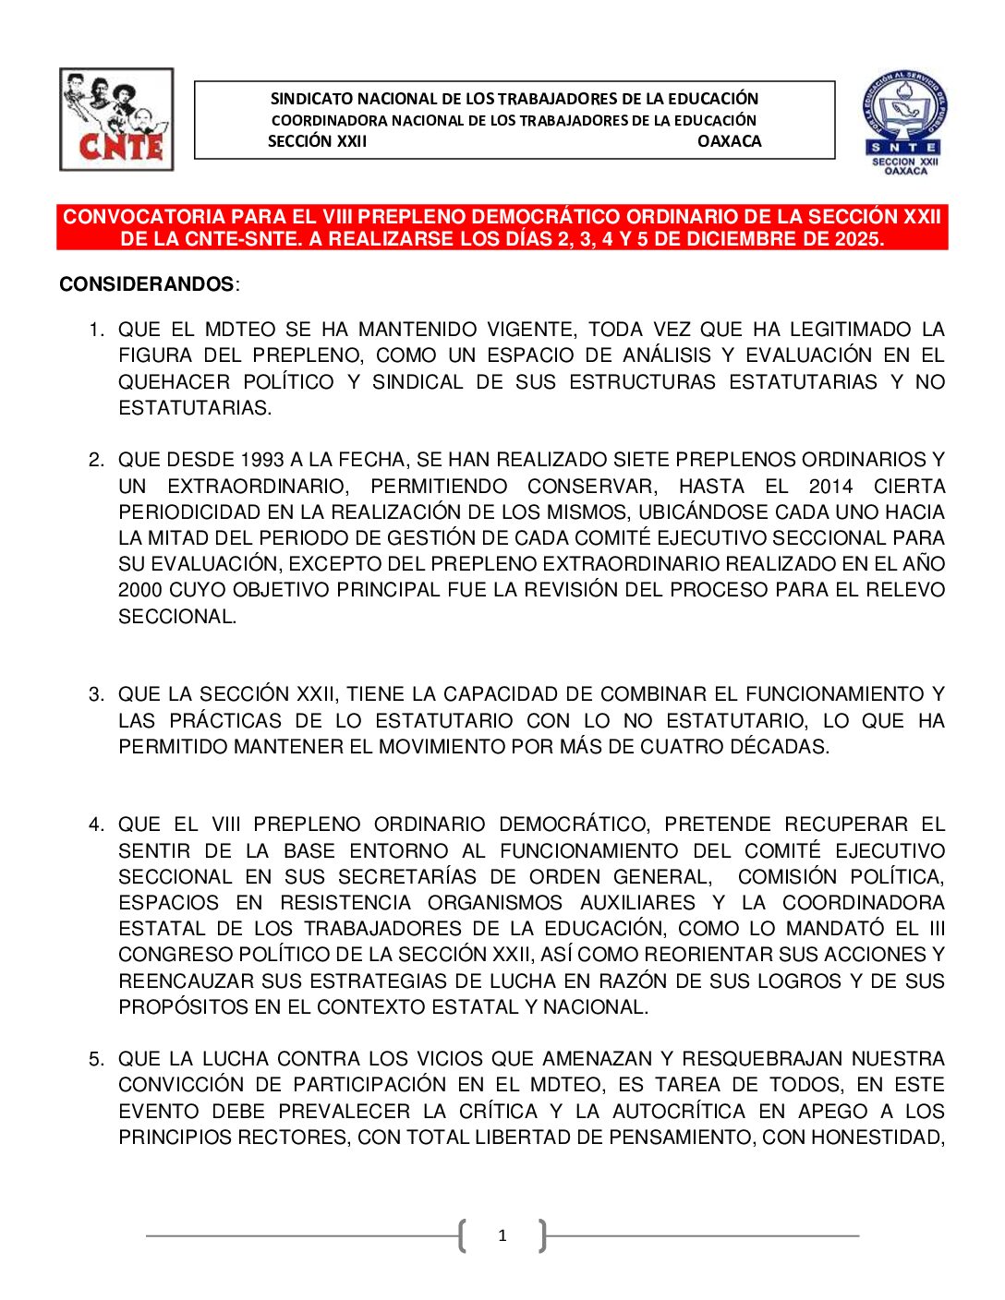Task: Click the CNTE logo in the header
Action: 116,119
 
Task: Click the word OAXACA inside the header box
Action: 729,141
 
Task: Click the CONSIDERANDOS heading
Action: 147,284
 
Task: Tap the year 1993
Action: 261,460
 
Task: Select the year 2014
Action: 830,487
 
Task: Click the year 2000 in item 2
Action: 139,590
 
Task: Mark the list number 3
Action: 96,694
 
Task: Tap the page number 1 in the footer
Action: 502,1235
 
